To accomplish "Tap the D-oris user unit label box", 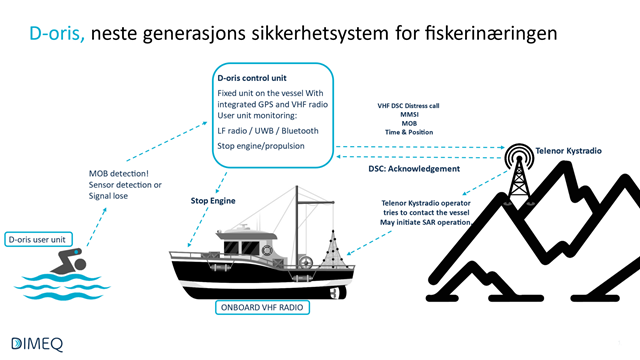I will pos(43,239).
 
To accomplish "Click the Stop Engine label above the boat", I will pos(213,200).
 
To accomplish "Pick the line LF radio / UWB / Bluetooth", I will pos(270,130).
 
